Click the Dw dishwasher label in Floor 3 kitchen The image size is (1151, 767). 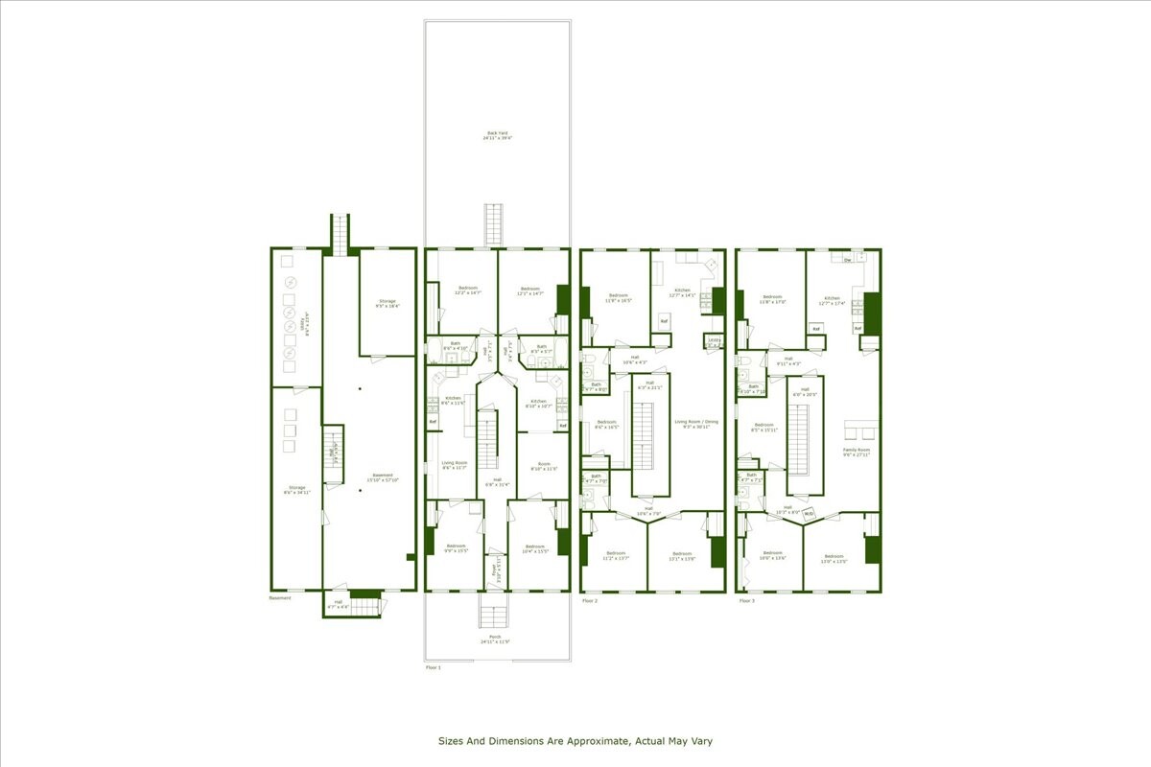point(847,260)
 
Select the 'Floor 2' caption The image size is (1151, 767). point(590,601)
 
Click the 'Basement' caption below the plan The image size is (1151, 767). point(280,598)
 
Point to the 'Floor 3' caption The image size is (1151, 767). point(746,601)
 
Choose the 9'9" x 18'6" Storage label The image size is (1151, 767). point(387,304)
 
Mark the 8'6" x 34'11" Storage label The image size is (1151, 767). point(296,490)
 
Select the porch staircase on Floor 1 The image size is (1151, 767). point(493,616)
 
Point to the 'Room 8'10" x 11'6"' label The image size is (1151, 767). point(545,467)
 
